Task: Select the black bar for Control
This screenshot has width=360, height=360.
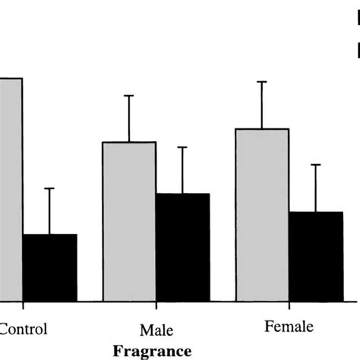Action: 49,267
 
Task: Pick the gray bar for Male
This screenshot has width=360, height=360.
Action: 129,220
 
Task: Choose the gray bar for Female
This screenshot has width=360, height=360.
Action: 262,213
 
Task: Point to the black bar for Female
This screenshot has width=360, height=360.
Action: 315,255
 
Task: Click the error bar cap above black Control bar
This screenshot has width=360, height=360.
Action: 49,188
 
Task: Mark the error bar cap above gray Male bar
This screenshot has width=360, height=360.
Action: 129,96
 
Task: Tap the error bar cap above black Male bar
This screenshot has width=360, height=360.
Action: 182,147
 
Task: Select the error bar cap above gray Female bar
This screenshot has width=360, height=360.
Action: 262,81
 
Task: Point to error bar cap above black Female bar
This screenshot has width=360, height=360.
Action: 315,164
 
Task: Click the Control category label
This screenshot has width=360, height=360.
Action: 24,329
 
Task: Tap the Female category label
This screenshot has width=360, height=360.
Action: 289,328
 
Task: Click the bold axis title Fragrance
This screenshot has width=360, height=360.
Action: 151,351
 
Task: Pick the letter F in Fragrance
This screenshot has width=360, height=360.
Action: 117,351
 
